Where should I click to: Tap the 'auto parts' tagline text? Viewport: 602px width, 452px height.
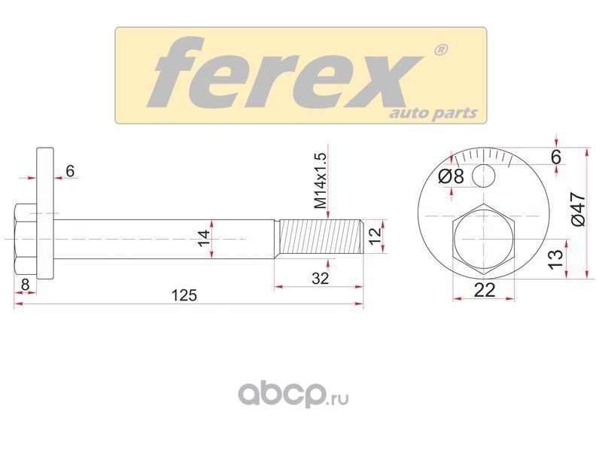point(434,114)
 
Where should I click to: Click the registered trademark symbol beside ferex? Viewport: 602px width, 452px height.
point(440,50)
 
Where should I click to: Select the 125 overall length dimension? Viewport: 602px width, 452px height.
point(184,295)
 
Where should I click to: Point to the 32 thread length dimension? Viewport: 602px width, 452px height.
point(321,278)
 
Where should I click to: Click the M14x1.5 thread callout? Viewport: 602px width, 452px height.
point(321,181)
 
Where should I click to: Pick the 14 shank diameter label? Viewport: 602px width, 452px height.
point(204,238)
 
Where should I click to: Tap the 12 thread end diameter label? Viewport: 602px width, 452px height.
point(374,236)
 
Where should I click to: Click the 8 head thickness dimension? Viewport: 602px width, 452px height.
point(26,285)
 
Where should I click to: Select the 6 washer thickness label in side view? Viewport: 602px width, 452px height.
point(70,171)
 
